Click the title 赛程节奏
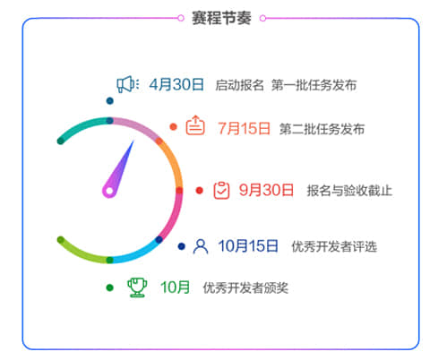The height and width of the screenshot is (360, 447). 221,18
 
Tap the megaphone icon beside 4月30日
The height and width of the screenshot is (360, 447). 127,84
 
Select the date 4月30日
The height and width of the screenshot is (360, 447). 176,84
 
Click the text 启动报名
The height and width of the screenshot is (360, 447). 239,85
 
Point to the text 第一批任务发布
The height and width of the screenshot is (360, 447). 314,85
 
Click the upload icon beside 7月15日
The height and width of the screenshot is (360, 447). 195,125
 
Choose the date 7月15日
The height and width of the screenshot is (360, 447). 244,129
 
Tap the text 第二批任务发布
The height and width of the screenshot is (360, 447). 322,129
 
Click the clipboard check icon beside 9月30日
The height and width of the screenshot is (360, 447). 221,190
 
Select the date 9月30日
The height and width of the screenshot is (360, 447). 266,190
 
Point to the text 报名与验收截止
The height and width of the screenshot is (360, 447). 349,191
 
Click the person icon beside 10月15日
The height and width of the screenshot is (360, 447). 201,246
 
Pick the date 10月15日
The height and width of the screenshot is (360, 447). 248,246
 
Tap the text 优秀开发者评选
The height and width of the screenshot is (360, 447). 334,246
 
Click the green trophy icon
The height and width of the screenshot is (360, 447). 137,287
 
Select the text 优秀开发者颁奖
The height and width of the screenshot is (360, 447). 245,288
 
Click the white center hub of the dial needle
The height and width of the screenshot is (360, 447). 109,191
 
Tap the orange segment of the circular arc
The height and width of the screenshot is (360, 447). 174,163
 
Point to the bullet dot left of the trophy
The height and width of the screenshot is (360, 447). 109,287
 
